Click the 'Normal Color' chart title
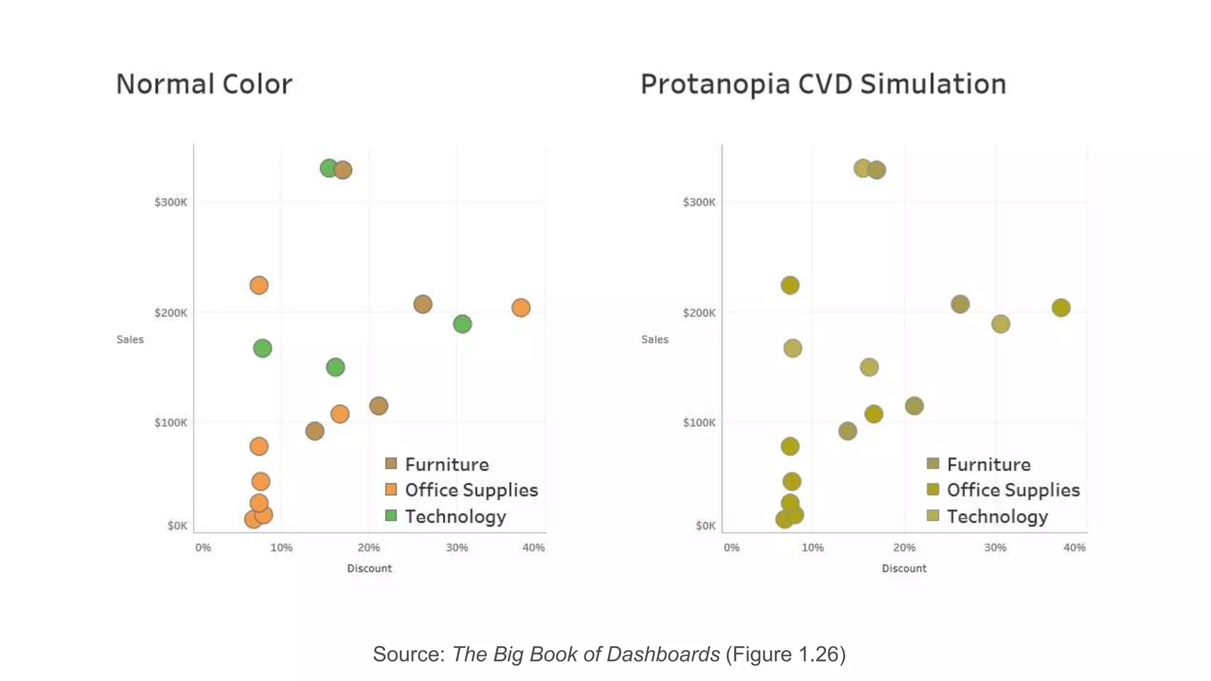(x=204, y=84)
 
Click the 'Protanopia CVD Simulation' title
(x=823, y=84)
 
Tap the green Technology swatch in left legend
(x=391, y=515)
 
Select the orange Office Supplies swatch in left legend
(x=391, y=489)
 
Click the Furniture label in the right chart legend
(x=989, y=465)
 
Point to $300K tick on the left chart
(x=170, y=202)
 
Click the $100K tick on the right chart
(x=699, y=423)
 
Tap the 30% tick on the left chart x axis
(x=456, y=547)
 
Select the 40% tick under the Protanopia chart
(x=1074, y=547)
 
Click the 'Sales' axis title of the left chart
(x=130, y=339)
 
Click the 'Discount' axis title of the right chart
(x=904, y=568)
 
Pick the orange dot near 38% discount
(x=520, y=307)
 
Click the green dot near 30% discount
(x=462, y=324)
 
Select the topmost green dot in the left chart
(x=329, y=168)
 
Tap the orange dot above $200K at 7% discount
(x=258, y=286)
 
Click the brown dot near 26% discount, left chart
(x=422, y=304)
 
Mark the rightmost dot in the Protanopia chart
(x=1061, y=307)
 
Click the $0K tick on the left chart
(x=177, y=526)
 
